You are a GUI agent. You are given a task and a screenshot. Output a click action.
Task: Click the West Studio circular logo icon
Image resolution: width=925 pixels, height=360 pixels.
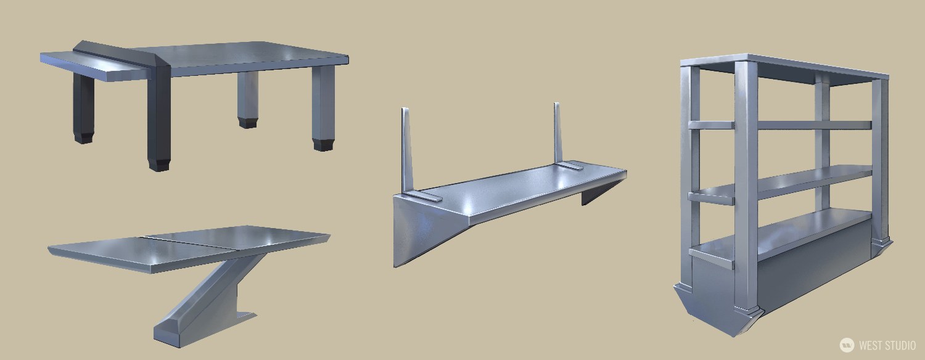(847, 345)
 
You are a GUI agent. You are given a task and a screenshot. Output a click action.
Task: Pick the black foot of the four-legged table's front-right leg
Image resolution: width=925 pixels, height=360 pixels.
(323, 144)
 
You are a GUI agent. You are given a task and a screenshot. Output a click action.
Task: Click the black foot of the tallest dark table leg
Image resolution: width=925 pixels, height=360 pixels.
(159, 165)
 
